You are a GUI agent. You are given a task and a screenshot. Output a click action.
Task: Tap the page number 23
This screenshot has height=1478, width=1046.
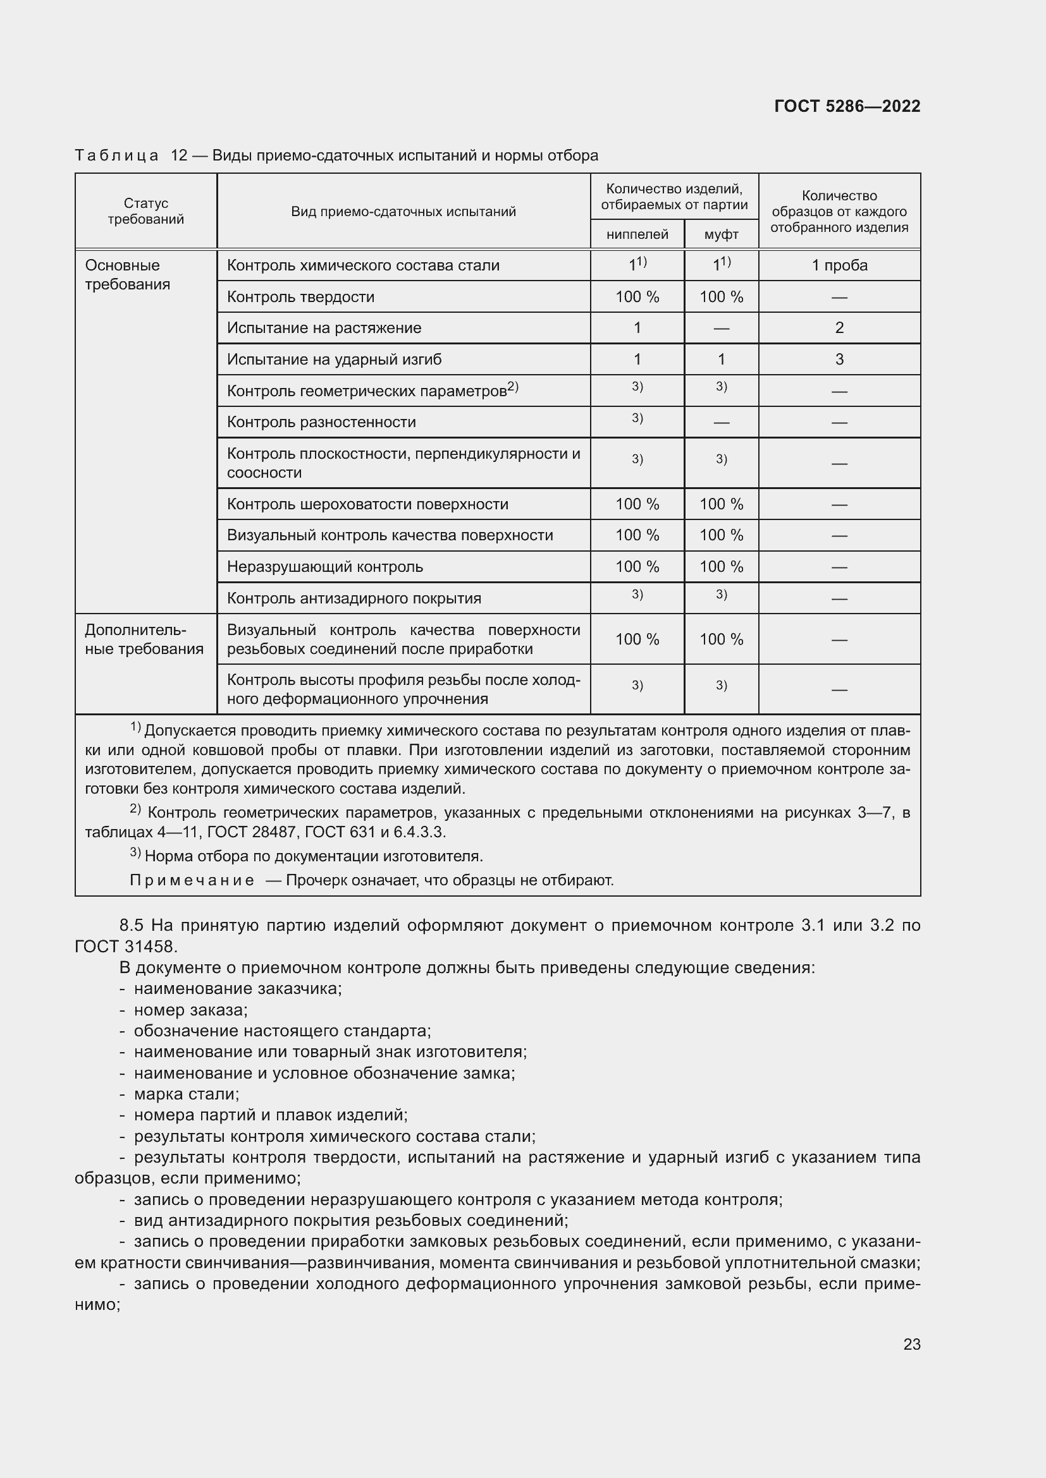tap(911, 1344)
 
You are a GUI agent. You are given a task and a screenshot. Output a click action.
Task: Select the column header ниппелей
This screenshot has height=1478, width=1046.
tap(636, 235)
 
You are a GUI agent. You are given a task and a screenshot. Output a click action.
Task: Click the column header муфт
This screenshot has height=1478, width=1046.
tap(721, 235)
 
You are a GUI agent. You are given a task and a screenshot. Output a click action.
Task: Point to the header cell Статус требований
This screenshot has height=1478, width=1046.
tap(145, 211)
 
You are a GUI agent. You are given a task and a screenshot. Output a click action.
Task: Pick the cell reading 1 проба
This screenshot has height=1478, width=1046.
tap(839, 265)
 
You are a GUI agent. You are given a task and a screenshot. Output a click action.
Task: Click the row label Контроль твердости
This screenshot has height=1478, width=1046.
tap(300, 297)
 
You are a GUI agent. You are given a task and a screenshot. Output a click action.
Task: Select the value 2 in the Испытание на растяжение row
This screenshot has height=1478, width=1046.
tap(839, 328)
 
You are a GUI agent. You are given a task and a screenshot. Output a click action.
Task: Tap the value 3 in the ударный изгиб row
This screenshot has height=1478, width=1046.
tap(839, 359)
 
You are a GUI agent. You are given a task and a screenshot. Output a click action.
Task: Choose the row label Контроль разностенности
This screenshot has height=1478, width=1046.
tap(321, 422)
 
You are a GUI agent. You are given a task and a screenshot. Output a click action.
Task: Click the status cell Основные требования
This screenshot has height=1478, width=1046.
tap(127, 275)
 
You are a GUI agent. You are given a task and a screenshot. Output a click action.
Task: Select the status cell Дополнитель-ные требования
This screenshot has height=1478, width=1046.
tap(144, 639)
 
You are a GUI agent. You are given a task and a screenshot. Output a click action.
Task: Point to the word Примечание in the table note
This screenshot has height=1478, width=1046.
tap(191, 880)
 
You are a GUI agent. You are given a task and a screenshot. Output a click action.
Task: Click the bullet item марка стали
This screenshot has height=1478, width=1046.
tap(186, 1094)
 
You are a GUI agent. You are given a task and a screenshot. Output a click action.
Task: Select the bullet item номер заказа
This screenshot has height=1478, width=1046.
tap(190, 1010)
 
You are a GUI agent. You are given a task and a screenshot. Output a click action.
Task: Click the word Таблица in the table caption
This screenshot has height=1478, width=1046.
tap(116, 156)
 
